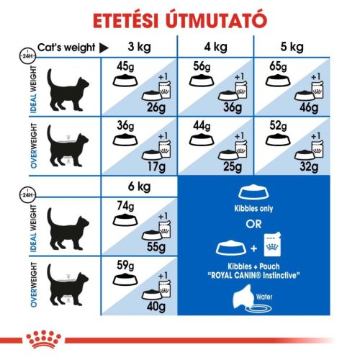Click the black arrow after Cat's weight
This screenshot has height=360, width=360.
(x=103, y=48)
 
